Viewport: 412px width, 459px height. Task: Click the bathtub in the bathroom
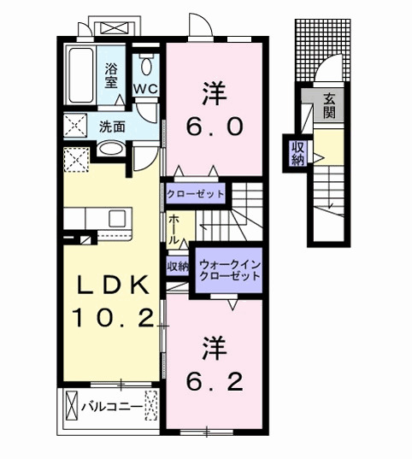pos(82,75)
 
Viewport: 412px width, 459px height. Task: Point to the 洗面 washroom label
pos(111,127)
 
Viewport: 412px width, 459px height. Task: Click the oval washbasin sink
pos(110,150)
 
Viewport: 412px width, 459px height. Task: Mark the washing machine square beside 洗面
pos(74,127)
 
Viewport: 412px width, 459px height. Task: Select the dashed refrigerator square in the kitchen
pos(74,160)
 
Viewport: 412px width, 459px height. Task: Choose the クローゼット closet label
pos(196,194)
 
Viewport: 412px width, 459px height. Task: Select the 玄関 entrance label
pos(329,106)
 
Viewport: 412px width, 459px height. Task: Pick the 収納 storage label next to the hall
pos(177,268)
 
